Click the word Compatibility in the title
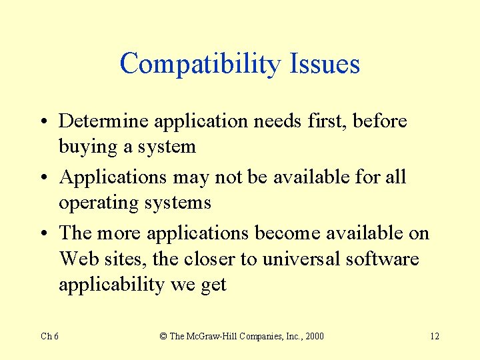201,64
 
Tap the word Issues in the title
325,64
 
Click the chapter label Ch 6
50,336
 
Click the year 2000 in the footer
313,336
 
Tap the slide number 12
434,336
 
